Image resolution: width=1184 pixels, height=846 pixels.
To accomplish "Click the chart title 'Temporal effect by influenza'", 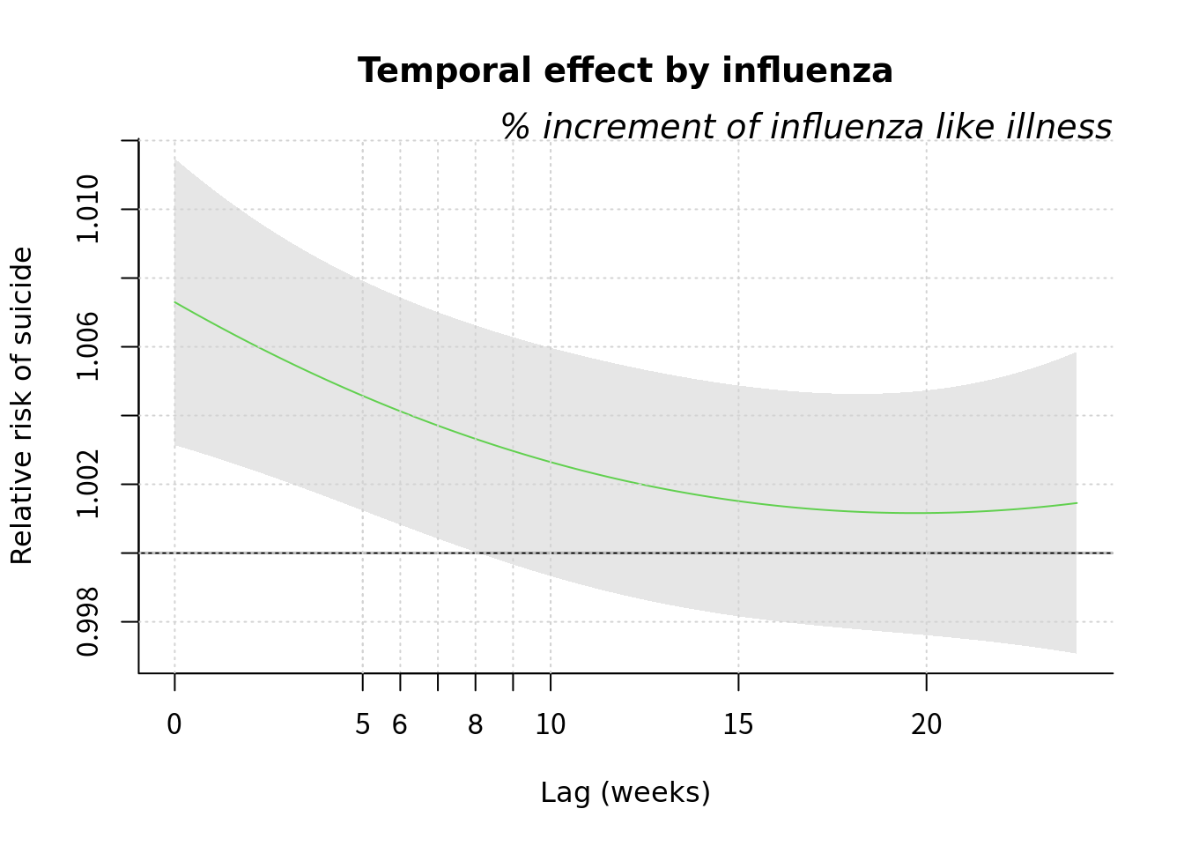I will [625, 70].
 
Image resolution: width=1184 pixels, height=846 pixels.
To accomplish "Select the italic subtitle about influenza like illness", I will [806, 127].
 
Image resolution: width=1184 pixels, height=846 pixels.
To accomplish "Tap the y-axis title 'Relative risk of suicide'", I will [22, 405].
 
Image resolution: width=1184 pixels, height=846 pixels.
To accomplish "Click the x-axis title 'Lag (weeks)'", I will [625, 792].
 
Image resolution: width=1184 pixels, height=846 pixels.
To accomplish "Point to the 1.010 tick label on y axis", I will [88, 209].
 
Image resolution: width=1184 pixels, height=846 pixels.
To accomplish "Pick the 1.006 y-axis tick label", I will [88, 346].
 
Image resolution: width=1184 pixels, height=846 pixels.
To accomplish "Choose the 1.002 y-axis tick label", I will [88, 484].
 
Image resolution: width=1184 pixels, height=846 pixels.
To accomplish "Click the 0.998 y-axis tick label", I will [88, 622].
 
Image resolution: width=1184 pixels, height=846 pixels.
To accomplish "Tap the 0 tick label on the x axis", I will [174, 725].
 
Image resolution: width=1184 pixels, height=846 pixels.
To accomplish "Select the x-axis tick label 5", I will [362, 725].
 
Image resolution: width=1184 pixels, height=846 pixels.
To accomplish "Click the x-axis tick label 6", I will [400, 725].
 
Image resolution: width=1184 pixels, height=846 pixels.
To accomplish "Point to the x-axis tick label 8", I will [476, 725].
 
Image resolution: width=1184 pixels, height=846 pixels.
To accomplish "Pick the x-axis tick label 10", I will [551, 725].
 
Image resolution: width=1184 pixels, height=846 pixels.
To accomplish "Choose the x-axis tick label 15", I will [738, 725].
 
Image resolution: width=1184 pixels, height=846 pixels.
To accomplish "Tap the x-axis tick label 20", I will [926, 725].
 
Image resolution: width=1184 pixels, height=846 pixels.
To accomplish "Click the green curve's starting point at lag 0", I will [175, 302].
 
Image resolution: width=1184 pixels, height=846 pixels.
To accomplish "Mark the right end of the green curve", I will [1076, 503].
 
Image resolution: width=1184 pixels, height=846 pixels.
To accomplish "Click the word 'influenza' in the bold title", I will [807, 70].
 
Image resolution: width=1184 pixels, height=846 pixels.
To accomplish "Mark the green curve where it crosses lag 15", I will [738, 501].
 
